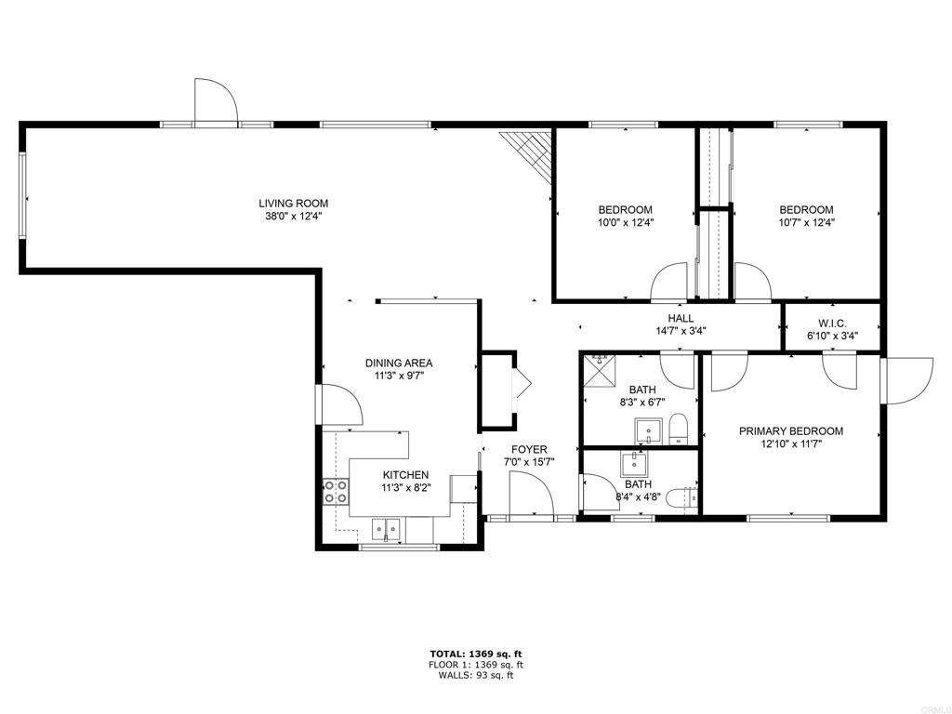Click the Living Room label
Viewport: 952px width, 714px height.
(x=293, y=204)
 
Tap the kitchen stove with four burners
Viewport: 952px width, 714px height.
(x=335, y=491)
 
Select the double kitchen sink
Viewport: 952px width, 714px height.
(x=387, y=529)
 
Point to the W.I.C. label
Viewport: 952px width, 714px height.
(x=832, y=324)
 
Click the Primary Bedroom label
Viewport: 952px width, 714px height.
(x=790, y=431)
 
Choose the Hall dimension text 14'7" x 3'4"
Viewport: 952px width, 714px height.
(x=681, y=331)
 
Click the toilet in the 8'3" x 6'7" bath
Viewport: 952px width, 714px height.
(x=677, y=429)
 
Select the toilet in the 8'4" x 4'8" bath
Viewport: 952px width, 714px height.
(x=681, y=499)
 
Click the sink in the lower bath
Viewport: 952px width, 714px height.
(x=634, y=465)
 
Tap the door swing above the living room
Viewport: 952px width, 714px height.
(x=215, y=101)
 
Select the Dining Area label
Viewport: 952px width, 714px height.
(x=399, y=364)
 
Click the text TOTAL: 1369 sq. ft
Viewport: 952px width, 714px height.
(x=476, y=654)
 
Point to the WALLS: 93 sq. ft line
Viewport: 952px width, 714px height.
(x=476, y=675)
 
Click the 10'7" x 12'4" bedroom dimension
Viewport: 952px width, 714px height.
(x=806, y=222)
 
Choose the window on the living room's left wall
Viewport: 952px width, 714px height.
(x=22, y=194)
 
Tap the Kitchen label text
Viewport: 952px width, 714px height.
(x=405, y=475)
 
